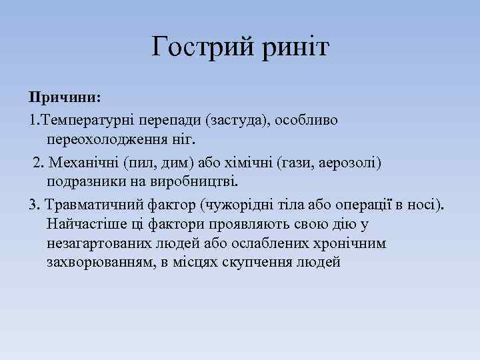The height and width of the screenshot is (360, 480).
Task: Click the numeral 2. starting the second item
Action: (39, 162)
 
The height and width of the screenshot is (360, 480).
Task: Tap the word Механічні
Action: (84, 162)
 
